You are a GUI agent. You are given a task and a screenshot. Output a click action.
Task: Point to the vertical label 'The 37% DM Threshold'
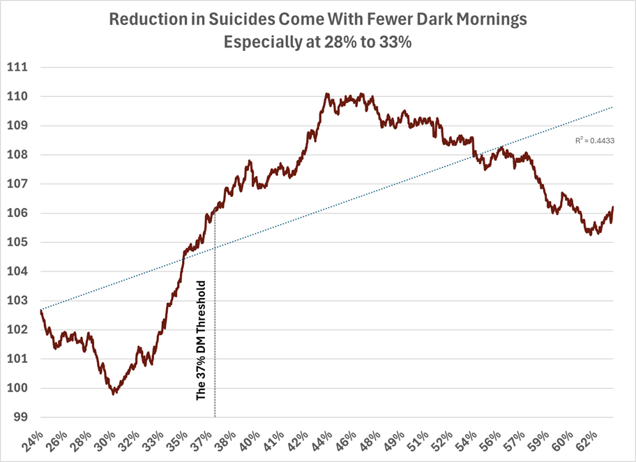(x=202, y=340)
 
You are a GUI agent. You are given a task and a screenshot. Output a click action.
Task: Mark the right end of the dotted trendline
(x=612, y=107)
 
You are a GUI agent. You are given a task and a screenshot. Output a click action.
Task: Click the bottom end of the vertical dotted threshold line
(x=215, y=417)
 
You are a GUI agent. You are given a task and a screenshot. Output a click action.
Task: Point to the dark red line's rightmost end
(x=612, y=207)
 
